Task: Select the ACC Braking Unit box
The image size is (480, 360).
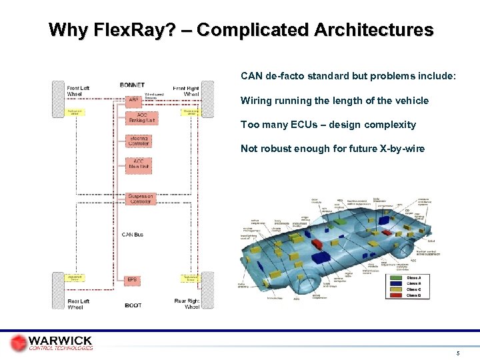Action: [137, 118]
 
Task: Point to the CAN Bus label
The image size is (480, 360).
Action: [132, 234]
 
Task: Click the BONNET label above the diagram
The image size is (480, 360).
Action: [132, 85]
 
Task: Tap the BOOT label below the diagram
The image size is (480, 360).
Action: [133, 305]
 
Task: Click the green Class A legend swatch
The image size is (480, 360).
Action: [396, 277]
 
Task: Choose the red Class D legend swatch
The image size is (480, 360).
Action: [396, 295]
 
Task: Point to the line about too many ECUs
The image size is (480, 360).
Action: [328, 125]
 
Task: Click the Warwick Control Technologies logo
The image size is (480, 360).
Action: [51, 343]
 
